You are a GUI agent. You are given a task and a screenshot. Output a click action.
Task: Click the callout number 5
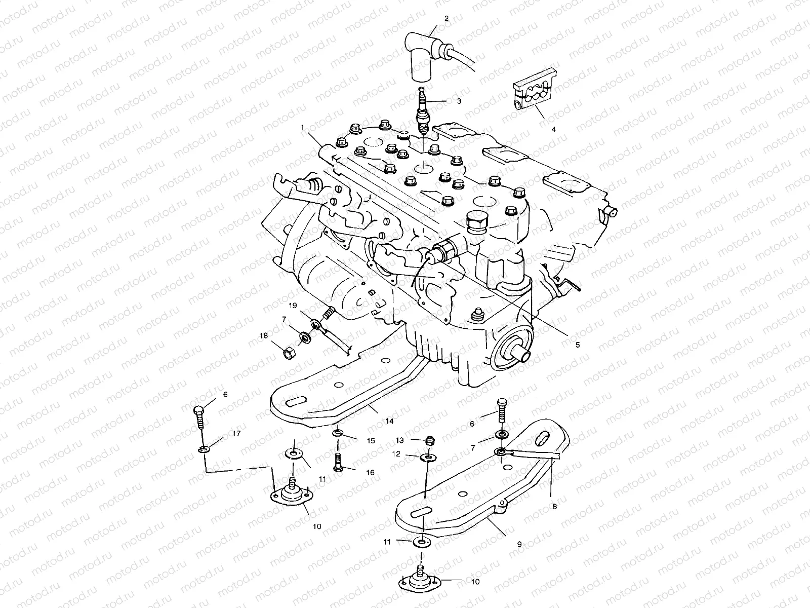(577, 345)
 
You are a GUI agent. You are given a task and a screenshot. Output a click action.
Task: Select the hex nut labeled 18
(286, 353)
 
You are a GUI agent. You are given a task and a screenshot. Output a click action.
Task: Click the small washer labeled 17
(205, 449)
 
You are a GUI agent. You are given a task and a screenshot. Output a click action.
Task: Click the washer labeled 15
(338, 434)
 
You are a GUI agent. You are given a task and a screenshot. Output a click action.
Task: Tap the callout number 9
(519, 545)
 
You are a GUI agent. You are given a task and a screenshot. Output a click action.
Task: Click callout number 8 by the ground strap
(554, 506)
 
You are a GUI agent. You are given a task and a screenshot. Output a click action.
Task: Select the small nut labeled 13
(429, 441)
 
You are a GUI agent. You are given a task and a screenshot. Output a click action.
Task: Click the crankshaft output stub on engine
(522, 355)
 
